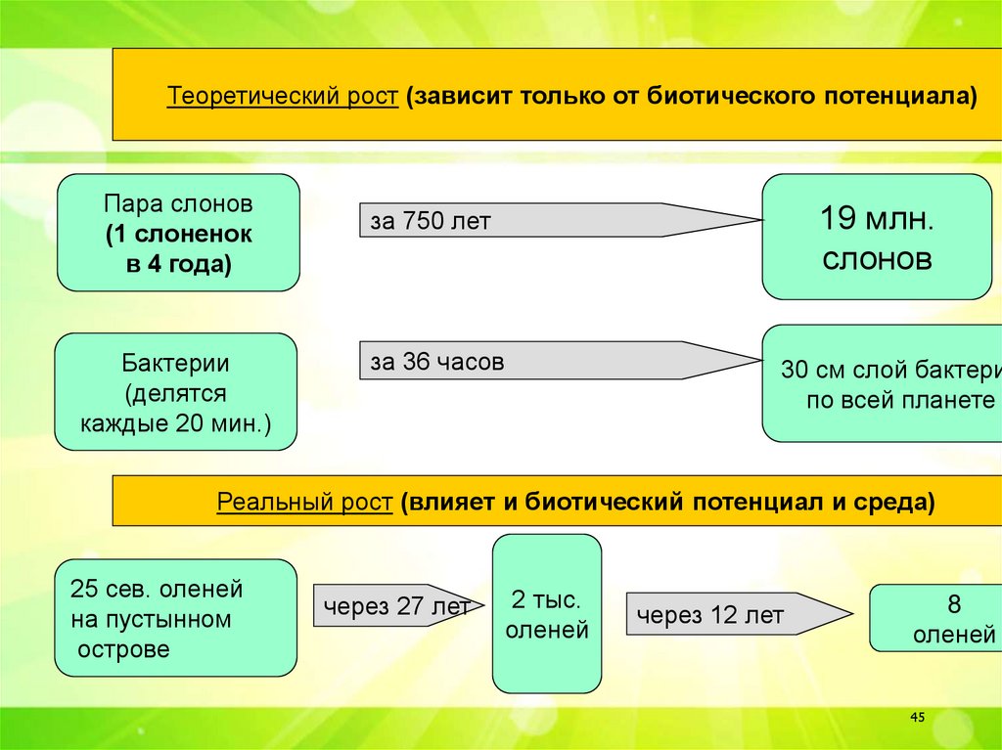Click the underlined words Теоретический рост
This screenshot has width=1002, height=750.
click(282, 98)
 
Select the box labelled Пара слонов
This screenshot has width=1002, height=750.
click(178, 233)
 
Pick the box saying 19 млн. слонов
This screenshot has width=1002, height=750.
click(876, 237)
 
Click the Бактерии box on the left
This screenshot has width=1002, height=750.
click(175, 391)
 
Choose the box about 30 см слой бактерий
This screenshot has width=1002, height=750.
click(881, 384)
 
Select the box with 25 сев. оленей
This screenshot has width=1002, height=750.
click(175, 618)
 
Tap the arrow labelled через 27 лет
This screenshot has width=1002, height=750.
click(391, 606)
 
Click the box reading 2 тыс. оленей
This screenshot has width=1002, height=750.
click(546, 614)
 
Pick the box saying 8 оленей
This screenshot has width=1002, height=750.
click(934, 618)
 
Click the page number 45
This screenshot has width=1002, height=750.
click(917, 718)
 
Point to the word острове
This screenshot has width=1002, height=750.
click(120, 649)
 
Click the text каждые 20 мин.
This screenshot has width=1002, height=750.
click(174, 425)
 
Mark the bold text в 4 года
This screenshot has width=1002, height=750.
click(178, 264)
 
